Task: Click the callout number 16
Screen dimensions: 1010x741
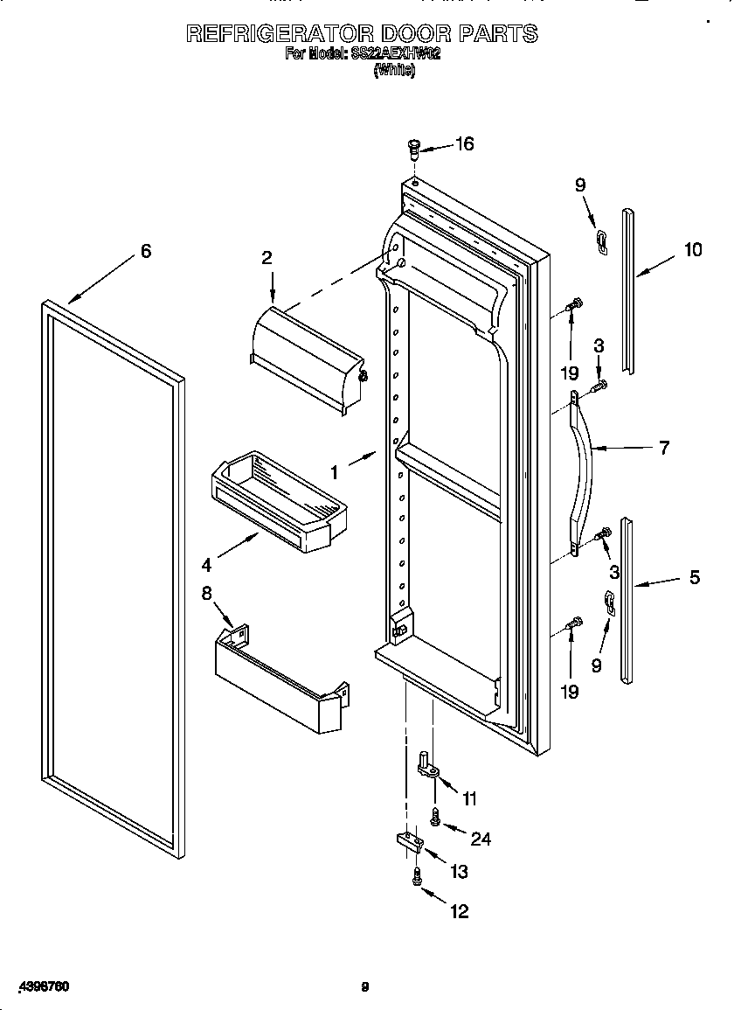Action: [464, 144]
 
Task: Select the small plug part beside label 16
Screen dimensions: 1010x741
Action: [416, 150]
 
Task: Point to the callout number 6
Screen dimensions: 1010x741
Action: [146, 252]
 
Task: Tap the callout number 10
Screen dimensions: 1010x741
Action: [692, 250]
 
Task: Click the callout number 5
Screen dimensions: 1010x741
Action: [695, 578]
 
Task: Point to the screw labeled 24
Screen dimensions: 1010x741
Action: [436, 817]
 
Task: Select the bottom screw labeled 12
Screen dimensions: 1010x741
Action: [417, 876]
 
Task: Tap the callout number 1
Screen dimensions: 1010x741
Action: [334, 472]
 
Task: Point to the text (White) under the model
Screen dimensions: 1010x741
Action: [394, 71]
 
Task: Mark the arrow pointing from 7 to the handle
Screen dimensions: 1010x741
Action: [622, 449]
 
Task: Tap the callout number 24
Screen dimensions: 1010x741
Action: [481, 839]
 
